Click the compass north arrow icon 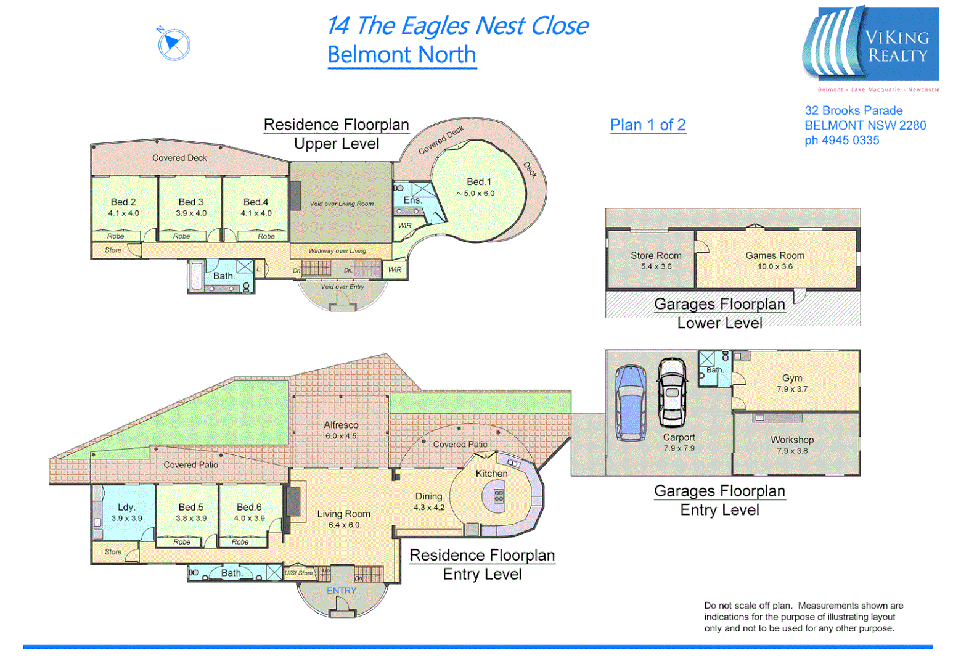[173, 44]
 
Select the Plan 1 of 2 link [648, 125]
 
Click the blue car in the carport [631, 403]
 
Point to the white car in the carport [672, 393]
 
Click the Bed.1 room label [479, 182]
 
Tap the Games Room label [775, 255]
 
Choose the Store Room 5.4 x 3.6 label [656, 261]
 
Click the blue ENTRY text [342, 591]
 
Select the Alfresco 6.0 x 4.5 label [341, 430]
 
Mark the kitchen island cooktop [499, 496]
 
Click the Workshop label [792, 440]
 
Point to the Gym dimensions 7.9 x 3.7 [792, 389]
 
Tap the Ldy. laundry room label [126, 507]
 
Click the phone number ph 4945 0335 [842, 141]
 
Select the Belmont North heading [402, 55]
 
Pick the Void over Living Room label [342, 203]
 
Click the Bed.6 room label [249, 507]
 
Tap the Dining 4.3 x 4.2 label [428, 501]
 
